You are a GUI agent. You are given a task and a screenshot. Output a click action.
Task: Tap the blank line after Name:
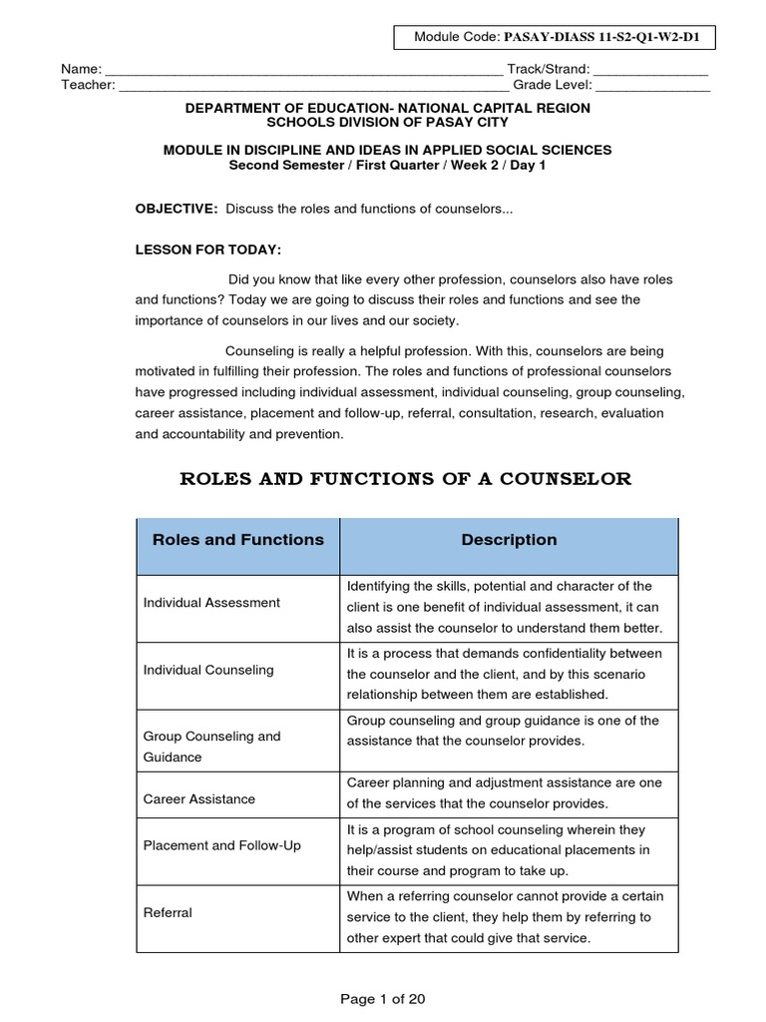tap(304, 71)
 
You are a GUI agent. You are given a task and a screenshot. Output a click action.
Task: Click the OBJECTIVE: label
tap(177, 209)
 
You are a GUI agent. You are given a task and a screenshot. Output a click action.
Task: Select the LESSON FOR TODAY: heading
tap(202, 250)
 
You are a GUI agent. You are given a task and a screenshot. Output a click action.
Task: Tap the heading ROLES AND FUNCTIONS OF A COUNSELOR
tap(405, 479)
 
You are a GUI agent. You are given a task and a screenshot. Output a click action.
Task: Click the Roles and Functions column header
tap(237, 540)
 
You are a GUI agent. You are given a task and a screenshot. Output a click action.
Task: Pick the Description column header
tap(509, 540)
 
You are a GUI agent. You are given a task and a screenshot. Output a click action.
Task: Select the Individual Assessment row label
tap(211, 603)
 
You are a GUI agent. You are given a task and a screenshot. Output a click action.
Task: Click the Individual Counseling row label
tap(208, 670)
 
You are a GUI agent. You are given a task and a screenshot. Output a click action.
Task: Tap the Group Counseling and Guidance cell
tap(212, 747)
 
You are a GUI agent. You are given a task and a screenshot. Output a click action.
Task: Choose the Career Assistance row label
tap(199, 799)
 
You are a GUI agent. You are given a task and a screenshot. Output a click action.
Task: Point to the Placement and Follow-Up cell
tap(222, 846)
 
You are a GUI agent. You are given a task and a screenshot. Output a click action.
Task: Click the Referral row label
tap(169, 912)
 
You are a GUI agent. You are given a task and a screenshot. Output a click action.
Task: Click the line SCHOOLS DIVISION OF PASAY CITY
tap(387, 123)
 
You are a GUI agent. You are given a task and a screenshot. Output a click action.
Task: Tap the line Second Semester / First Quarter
tap(387, 166)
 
